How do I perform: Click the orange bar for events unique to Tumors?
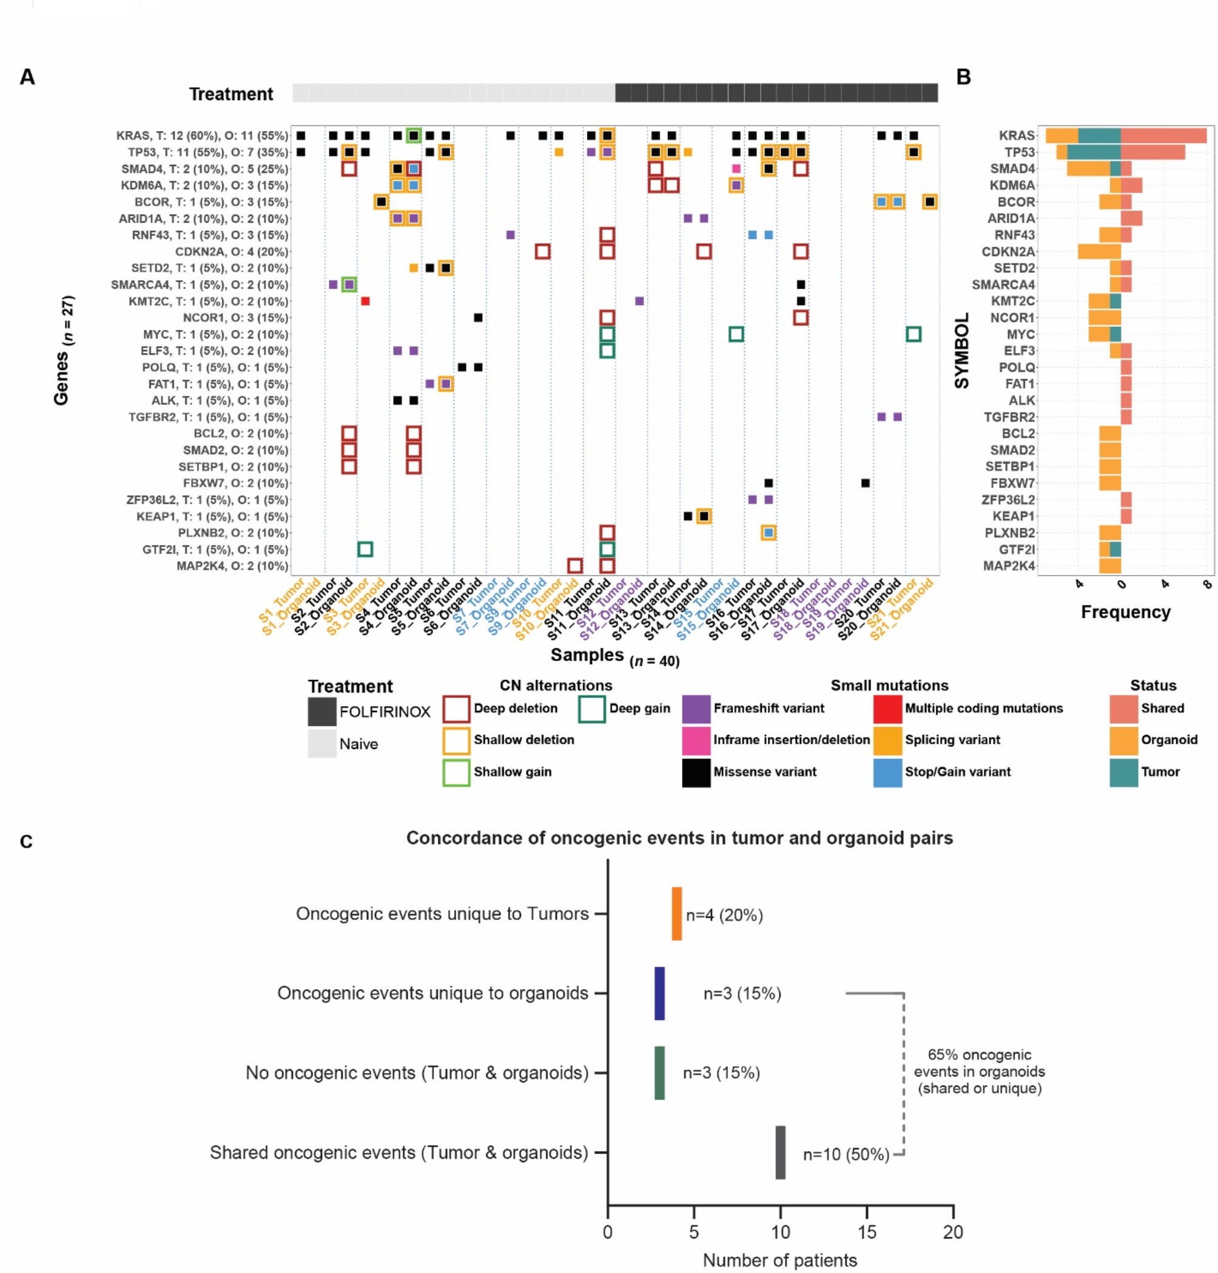[676, 913]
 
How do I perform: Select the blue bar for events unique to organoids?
[659, 993]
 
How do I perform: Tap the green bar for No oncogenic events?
[659, 1072]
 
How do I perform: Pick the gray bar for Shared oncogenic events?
[781, 1152]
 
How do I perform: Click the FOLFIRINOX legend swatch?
[322, 711]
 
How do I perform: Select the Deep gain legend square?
[591, 709]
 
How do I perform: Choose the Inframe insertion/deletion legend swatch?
[696, 740]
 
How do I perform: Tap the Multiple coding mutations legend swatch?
[887, 708]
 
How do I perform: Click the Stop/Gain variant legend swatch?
[887, 772]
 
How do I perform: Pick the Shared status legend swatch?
[1124, 708]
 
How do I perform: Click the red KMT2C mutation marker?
[365, 301]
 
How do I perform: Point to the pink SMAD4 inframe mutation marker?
[736, 169]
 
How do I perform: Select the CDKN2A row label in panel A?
[231, 252]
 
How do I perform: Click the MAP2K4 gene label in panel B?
[1009, 566]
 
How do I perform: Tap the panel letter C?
[26, 841]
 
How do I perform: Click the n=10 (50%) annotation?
[846, 1154]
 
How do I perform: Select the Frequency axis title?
[1125, 611]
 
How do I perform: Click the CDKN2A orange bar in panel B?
[1099, 252]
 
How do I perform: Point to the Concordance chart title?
[679, 838]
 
